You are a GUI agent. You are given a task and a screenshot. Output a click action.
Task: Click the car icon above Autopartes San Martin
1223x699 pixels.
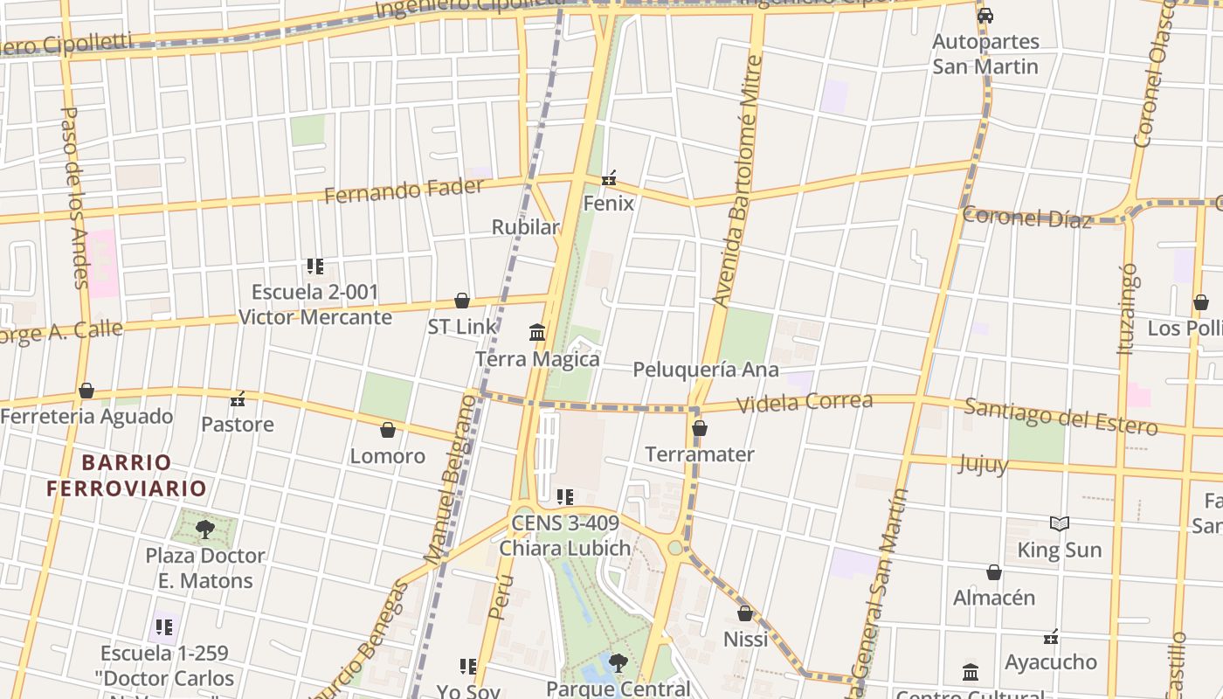click(x=985, y=15)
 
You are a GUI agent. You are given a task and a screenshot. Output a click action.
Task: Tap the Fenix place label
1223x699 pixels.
click(x=608, y=203)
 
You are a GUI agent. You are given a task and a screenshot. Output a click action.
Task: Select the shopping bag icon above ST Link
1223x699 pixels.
click(x=462, y=301)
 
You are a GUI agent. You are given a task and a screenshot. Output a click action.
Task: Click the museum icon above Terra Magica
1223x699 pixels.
click(x=537, y=333)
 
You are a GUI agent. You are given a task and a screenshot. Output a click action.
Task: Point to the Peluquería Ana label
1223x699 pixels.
click(x=705, y=370)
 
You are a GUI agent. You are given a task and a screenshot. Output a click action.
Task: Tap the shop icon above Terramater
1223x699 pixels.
click(x=699, y=428)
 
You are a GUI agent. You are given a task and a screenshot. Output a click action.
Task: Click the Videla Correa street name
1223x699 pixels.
click(x=805, y=403)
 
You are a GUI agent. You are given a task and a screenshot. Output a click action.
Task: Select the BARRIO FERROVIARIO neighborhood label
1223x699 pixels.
click(x=127, y=475)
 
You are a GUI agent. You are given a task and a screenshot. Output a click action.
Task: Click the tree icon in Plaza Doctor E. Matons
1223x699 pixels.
click(x=204, y=529)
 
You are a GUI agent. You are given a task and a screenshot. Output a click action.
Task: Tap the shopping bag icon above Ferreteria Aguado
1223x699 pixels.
click(x=86, y=391)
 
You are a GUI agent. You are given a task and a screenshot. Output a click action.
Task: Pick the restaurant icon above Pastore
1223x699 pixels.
click(x=237, y=399)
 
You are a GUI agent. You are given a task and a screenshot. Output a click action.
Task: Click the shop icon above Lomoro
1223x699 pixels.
click(x=388, y=430)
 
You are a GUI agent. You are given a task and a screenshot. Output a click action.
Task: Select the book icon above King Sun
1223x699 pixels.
click(x=1059, y=523)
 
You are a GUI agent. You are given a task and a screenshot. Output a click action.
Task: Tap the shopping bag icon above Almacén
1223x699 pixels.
click(x=993, y=572)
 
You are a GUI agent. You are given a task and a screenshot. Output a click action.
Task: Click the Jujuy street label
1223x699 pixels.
click(x=983, y=463)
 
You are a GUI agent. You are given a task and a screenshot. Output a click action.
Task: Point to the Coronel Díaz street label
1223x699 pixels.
click(x=1026, y=218)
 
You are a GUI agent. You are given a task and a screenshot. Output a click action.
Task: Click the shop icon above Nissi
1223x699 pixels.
click(x=745, y=613)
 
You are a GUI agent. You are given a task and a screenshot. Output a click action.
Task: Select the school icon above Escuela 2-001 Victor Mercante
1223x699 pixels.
click(x=314, y=266)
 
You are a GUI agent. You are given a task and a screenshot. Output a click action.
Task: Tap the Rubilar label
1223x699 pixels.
click(x=525, y=227)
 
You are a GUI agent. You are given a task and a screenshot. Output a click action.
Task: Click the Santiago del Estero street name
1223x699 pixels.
click(x=1061, y=417)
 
